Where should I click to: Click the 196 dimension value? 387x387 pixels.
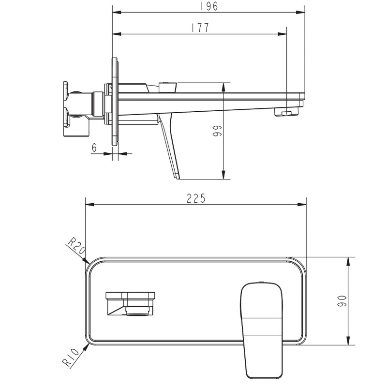(x=209, y=6)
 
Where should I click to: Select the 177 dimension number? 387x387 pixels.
(x=200, y=28)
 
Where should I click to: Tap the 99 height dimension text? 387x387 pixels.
(x=217, y=131)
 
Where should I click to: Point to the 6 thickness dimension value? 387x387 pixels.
(x=94, y=148)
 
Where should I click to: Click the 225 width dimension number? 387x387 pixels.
(x=196, y=198)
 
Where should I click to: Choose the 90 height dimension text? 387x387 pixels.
(x=342, y=301)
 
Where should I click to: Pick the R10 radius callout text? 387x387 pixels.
(x=71, y=358)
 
